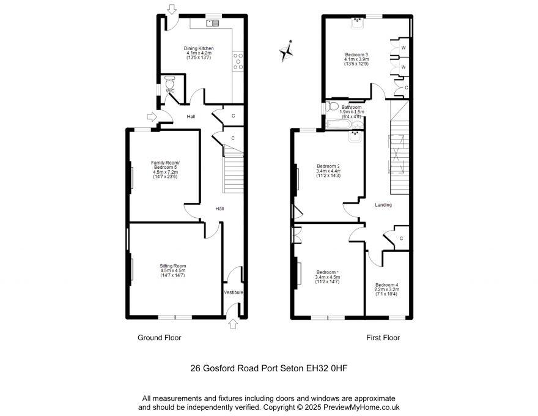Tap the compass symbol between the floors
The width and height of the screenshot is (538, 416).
(x=286, y=51)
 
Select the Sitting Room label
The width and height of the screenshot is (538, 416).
(x=172, y=270)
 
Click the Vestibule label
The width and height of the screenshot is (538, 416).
(x=234, y=292)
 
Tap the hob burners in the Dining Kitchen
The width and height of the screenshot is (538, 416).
(x=237, y=61)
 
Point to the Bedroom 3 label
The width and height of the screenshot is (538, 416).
(x=357, y=59)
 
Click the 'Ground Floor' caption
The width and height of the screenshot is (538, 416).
(x=159, y=338)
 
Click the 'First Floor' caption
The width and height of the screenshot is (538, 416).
(x=383, y=338)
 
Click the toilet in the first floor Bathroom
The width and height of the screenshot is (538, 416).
(x=333, y=106)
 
